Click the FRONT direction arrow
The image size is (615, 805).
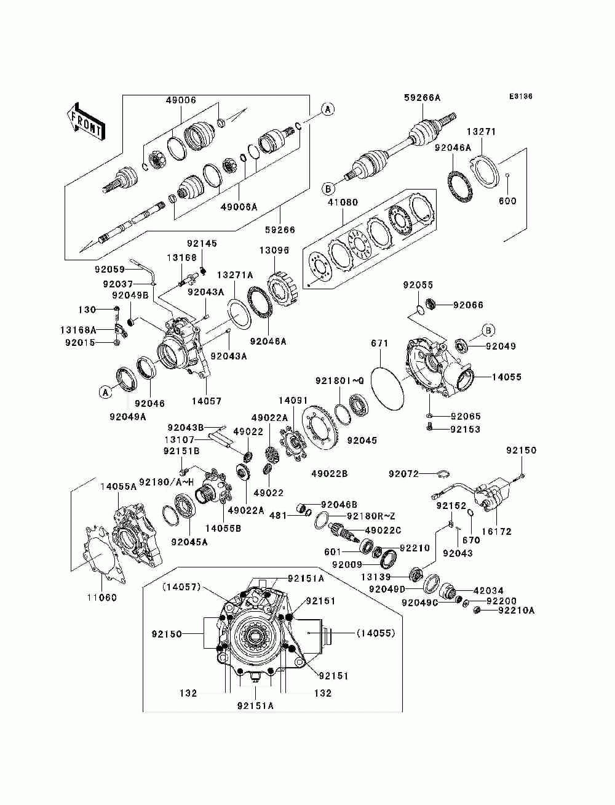[x=86, y=122]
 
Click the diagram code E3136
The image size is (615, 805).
[x=520, y=97]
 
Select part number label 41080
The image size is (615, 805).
[x=343, y=202]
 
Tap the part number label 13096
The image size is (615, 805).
[x=274, y=250]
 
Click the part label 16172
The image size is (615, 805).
[x=496, y=531]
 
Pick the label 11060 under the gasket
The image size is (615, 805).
[x=102, y=598]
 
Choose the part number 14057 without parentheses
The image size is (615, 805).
[x=207, y=402]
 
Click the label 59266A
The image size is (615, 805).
[x=423, y=98]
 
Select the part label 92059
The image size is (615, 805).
[x=110, y=270]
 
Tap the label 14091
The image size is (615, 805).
[x=293, y=400]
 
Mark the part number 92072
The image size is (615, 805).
[x=403, y=474]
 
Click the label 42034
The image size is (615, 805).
[x=488, y=591]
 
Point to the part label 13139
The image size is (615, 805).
[x=376, y=577]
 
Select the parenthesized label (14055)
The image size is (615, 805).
[x=376, y=633]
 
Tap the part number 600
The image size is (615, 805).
[x=507, y=201]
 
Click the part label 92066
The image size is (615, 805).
[x=468, y=305]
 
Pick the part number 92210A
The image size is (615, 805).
[x=517, y=611]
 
